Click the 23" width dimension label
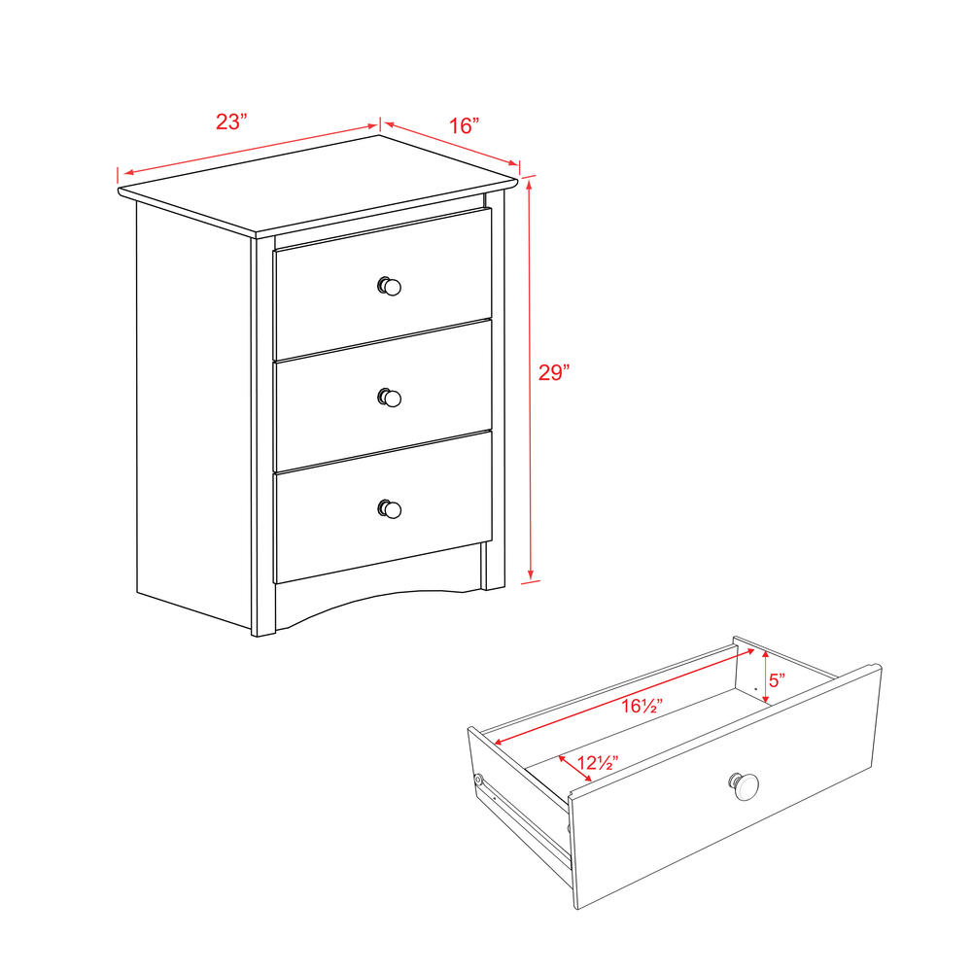[x=231, y=121]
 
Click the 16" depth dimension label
[x=464, y=125]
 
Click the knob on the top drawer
[x=389, y=286]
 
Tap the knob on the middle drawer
[x=389, y=397]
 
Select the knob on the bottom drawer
[x=389, y=508]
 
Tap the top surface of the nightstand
[x=321, y=185]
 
